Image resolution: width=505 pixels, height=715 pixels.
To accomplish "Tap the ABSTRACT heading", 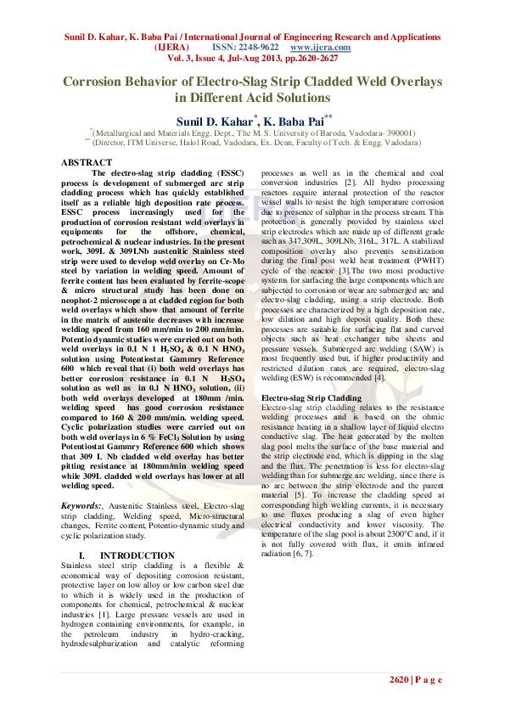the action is click(87, 161).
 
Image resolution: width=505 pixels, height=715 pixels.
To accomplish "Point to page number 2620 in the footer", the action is click(401, 680).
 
